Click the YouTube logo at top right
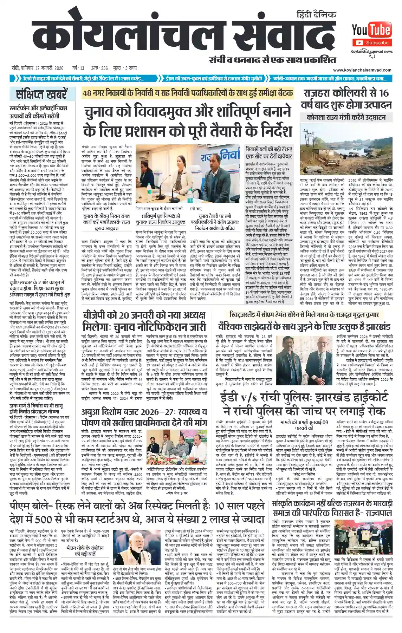371,30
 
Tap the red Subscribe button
372,43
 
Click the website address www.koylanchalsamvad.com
362,70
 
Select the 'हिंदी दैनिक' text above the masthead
316,15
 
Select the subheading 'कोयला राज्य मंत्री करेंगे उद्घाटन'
346,118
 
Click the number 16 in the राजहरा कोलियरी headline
384,93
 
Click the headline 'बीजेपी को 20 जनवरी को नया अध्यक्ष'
144,315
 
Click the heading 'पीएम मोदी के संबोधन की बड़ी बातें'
85,550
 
